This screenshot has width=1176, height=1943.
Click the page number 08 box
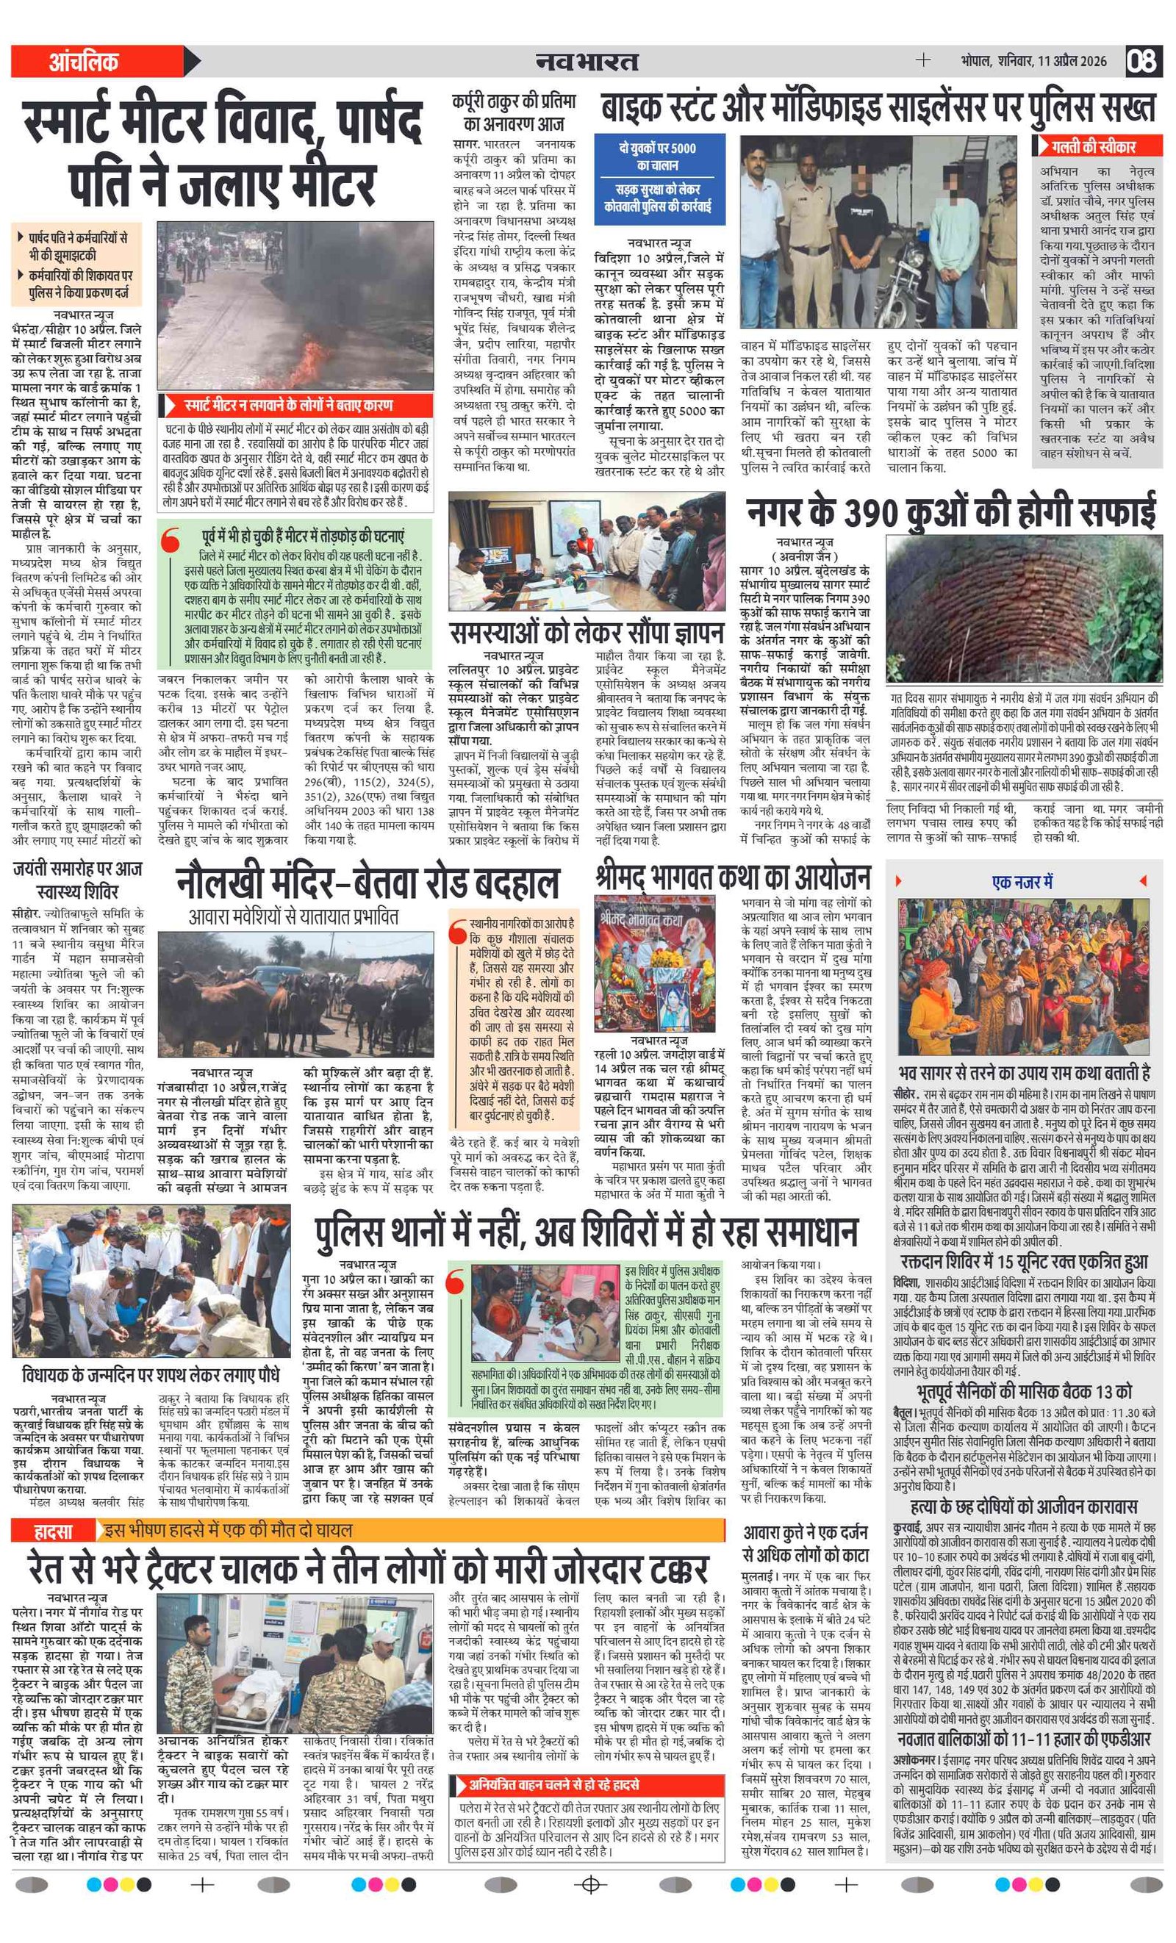[x=1142, y=61]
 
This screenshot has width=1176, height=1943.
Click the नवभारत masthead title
[x=587, y=61]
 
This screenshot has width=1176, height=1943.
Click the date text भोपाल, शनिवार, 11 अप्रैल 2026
[x=1033, y=62]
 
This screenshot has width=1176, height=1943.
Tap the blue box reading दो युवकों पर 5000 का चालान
[x=658, y=156]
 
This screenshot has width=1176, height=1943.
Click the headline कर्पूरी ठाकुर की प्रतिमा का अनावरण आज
[x=514, y=112]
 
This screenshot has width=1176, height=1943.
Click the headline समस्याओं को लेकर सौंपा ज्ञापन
[x=585, y=633]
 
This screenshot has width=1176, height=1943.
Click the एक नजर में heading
[x=1022, y=882]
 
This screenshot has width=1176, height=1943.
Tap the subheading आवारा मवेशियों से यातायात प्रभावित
[x=293, y=916]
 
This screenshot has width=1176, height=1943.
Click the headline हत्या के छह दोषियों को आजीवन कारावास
[x=1023, y=1506]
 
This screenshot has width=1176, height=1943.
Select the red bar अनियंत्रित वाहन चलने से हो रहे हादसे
[x=587, y=1784]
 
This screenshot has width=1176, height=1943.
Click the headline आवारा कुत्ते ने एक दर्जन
[x=806, y=1533]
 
